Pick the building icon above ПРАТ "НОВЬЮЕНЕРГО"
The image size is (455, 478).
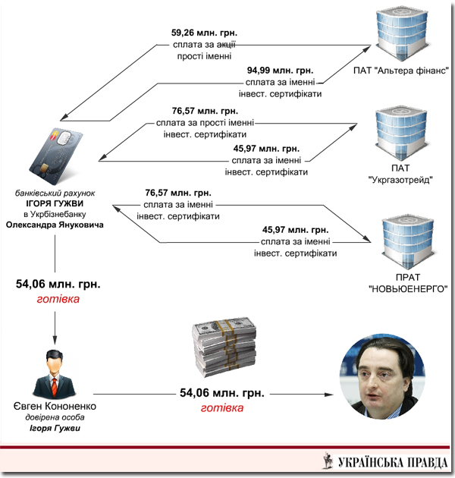click(x=403, y=241)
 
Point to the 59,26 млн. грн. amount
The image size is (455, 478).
click(x=204, y=33)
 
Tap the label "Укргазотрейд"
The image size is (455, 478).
click(x=400, y=181)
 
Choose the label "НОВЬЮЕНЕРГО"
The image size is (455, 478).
click(x=407, y=288)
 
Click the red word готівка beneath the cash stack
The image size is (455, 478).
click(x=222, y=407)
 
